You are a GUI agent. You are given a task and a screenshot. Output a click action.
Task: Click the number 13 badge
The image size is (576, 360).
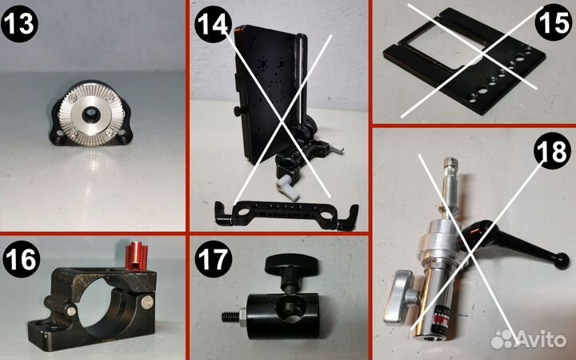click(x=19, y=23)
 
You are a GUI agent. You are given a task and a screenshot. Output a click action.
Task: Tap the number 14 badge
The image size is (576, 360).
click(x=213, y=24)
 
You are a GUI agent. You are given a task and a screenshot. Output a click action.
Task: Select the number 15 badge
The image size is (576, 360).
click(x=554, y=22)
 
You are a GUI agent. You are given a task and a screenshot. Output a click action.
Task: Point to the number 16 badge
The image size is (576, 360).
click(x=22, y=259)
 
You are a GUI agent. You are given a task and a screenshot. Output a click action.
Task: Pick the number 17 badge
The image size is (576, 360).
click(x=214, y=259)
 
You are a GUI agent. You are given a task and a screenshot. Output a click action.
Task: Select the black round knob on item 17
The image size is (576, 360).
click(x=292, y=266)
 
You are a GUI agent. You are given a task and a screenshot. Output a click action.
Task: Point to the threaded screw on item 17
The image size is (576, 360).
click(x=231, y=317)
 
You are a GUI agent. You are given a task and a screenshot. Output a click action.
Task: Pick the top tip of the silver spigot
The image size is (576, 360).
click(x=450, y=161)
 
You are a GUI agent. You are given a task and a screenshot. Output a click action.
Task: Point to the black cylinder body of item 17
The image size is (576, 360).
click(x=282, y=315)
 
